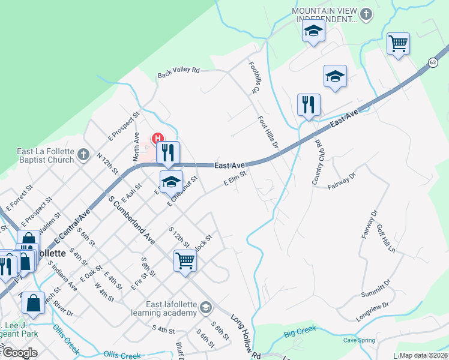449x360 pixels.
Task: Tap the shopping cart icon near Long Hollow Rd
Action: click(185, 261)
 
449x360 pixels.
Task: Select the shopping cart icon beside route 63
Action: click(398, 43)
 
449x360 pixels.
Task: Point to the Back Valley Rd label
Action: click(178, 72)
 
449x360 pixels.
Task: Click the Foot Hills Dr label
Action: click(268, 132)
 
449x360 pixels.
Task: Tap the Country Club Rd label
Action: click(317, 163)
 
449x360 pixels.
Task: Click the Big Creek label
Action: click(300, 330)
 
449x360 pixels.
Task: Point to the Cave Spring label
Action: click(358, 340)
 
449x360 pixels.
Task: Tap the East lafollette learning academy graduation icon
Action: click(206, 308)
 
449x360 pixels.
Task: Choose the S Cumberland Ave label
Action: click(131, 218)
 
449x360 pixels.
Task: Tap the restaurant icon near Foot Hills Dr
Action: click(309, 104)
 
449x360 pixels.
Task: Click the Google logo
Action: click(19, 353)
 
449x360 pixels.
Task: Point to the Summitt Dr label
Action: click(376, 287)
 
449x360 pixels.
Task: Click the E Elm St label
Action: click(235, 180)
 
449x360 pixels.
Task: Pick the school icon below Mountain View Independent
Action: click(335, 76)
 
